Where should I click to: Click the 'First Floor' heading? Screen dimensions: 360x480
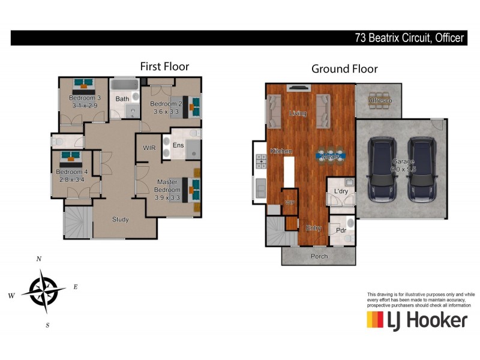click(164, 66)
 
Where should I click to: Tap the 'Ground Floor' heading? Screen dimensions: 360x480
click(344, 68)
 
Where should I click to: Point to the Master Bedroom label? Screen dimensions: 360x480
click(170, 186)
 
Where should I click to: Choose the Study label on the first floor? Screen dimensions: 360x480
click(120, 220)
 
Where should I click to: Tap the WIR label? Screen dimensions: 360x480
click(149, 147)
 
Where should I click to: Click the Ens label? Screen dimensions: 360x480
click(178, 145)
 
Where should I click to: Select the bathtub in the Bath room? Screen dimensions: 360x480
click(125, 84)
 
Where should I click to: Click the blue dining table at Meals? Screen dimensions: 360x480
click(331, 155)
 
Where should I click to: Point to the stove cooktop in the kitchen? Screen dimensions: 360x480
click(261, 161)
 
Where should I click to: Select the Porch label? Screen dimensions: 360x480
click(319, 256)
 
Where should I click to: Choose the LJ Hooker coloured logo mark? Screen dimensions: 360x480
click(375, 320)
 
